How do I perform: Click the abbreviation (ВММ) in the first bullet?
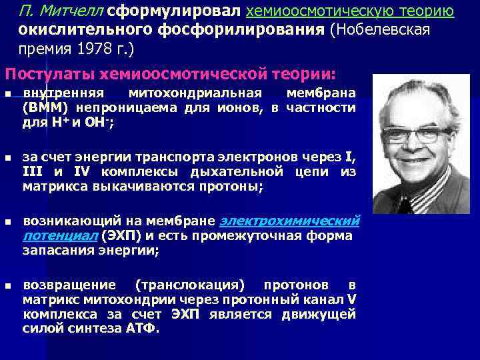(x=46, y=107)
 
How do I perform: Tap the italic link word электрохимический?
(x=289, y=221)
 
